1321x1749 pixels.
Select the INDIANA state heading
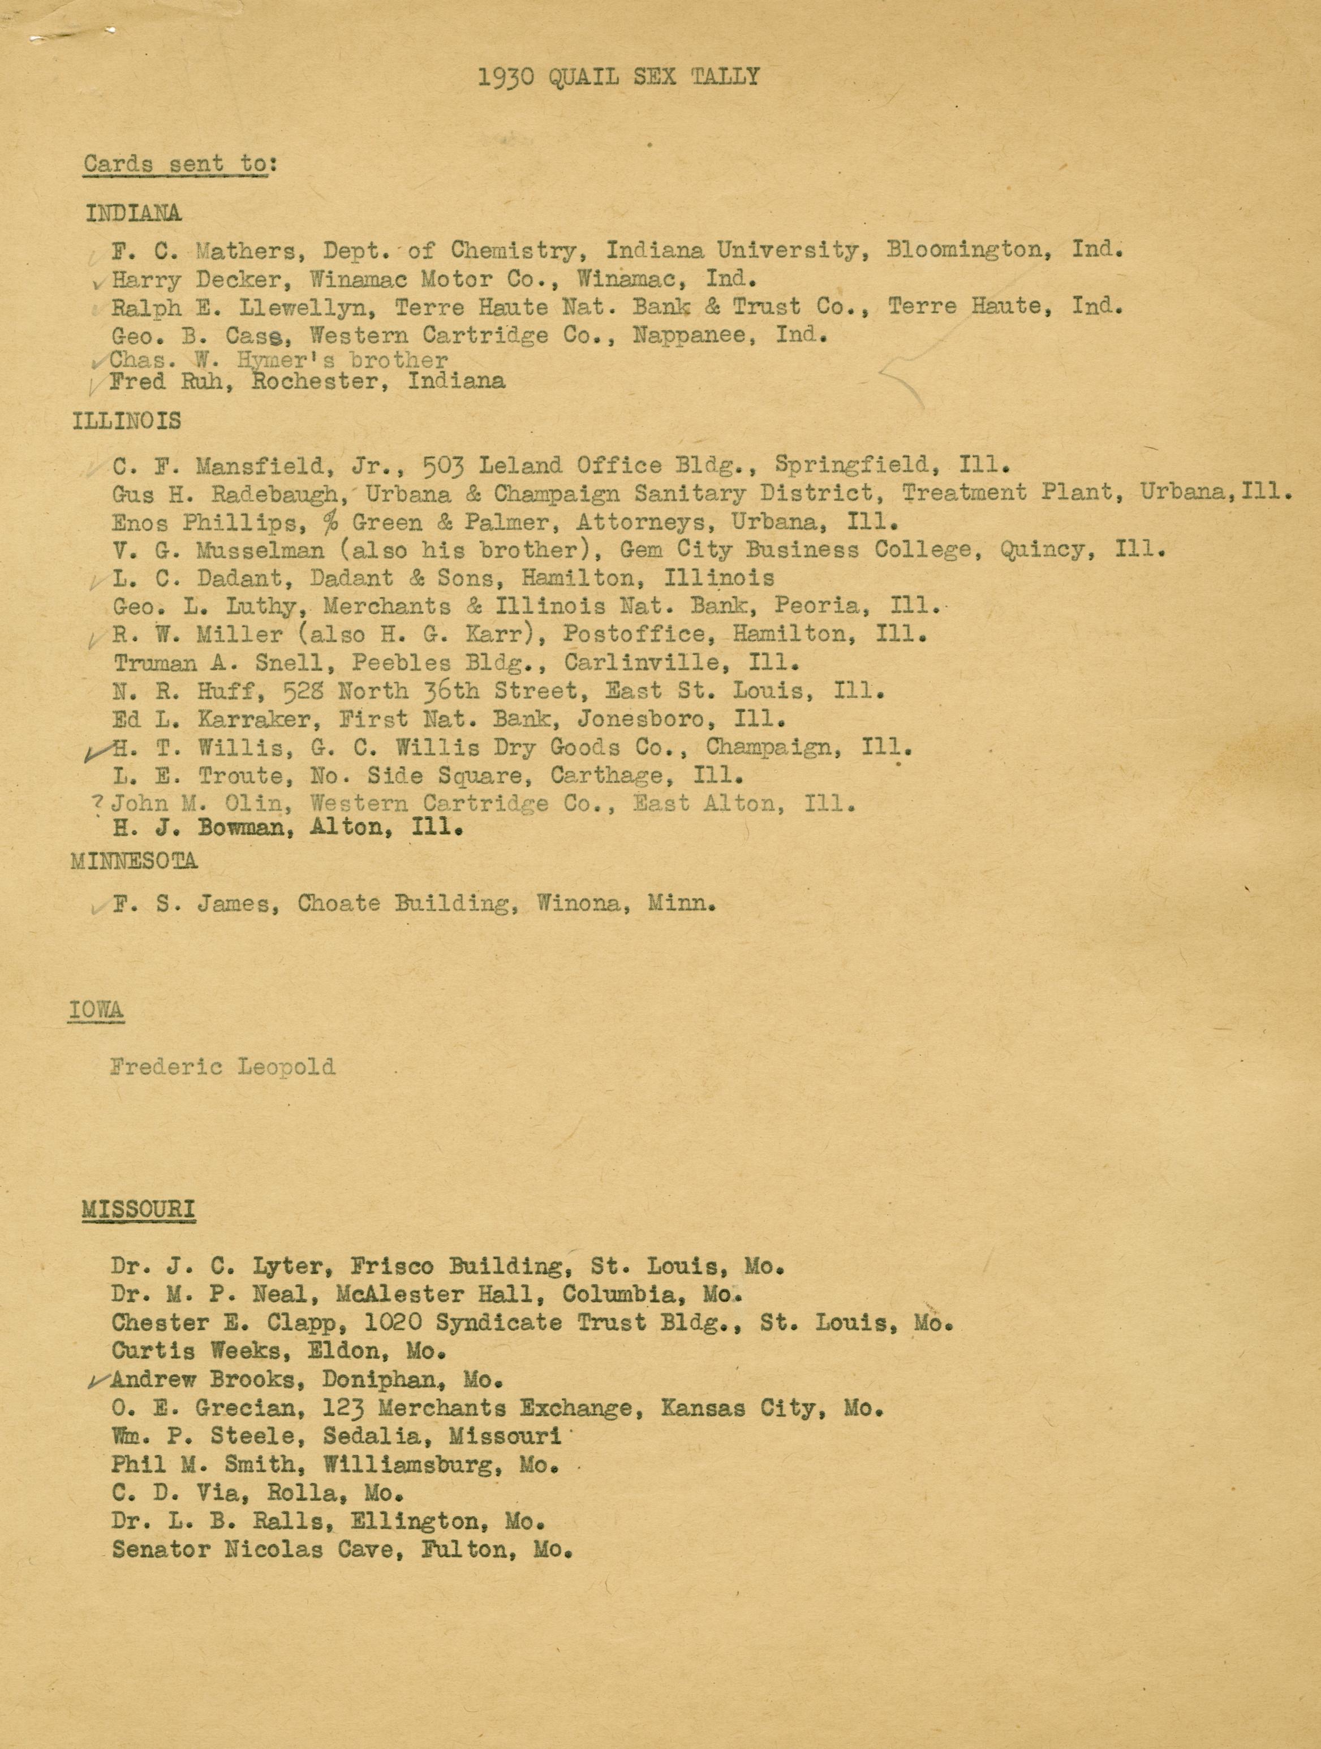point(134,213)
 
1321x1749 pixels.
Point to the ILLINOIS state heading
point(127,421)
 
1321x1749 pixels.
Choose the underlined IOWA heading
point(97,1010)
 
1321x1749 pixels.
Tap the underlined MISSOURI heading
point(139,1210)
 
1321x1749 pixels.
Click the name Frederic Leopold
point(223,1067)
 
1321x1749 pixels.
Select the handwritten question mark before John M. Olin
point(98,803)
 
